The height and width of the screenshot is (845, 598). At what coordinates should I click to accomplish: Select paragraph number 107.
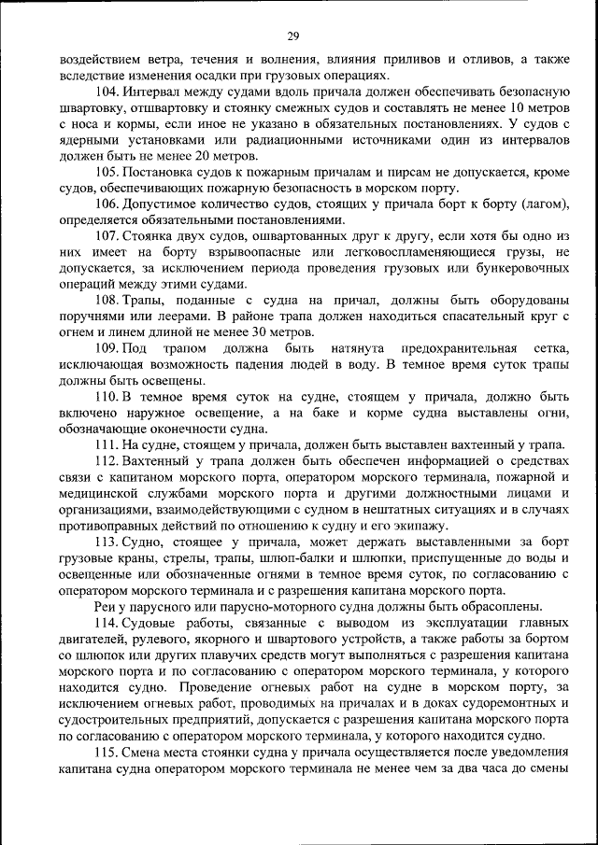tap(107, 235)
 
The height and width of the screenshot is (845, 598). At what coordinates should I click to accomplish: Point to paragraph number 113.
tap(107, 542)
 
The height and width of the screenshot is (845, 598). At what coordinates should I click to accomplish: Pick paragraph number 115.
tap(107, 753)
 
